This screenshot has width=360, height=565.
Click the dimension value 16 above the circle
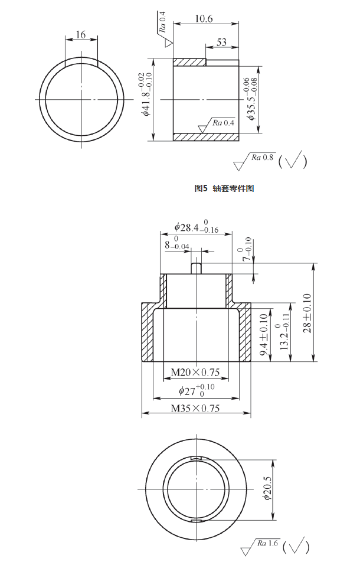click(x=81, y=35)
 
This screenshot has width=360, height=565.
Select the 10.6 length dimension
click(x=203, y=19)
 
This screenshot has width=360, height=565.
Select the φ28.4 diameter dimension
click(x=197, y=228)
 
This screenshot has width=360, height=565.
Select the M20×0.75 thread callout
click(x=195, y=372)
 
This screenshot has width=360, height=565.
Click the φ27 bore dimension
click(x=197, y=390)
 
